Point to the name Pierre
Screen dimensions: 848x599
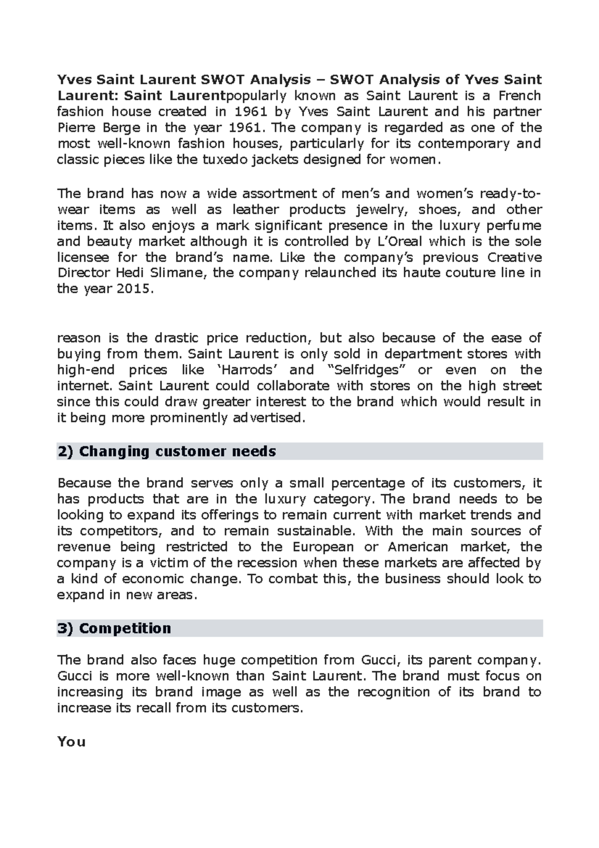(75, 127)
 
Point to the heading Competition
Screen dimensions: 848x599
(124, 628)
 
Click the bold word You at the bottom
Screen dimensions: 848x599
(71, 742)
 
